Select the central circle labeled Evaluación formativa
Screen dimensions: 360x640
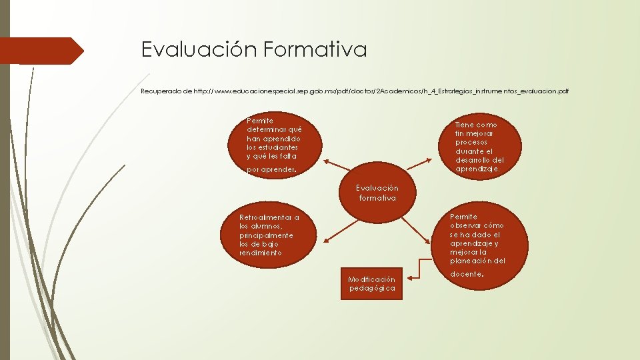[377, 193]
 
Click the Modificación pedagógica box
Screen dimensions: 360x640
[372, 284]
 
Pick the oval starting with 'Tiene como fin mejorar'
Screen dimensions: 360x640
[480, 147]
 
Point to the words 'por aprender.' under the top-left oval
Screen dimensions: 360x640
[271, 170]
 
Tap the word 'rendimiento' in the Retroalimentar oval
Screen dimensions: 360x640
[261, 253]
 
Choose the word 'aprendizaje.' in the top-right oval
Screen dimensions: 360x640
[477, 169]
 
